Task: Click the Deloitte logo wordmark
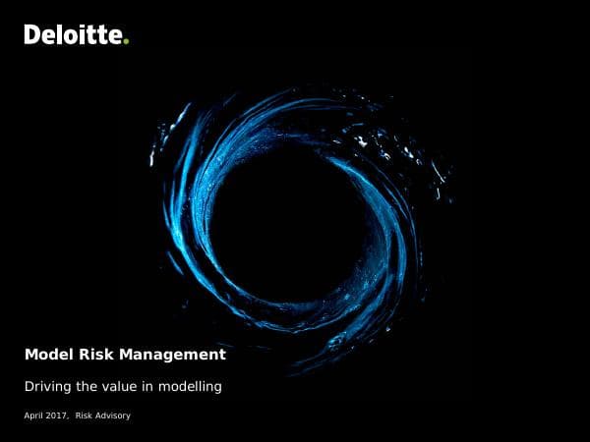(x=75, y=35)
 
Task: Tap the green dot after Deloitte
(x=127, y=41)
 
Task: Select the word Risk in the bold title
(x=90, y=355)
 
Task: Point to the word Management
(x=169, y=355)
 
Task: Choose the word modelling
(x=189, y=387)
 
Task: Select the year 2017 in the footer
(x=57, y=416)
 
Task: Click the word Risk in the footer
(x=85, y=416)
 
